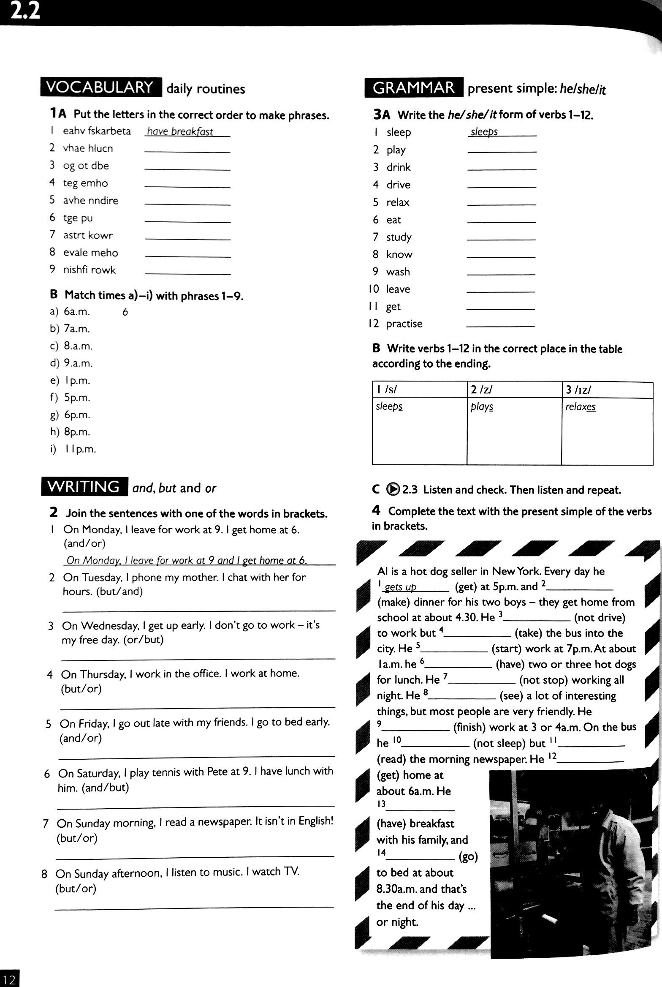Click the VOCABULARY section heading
click(x=100, y=87)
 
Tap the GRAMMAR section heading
click(x=414, y=88)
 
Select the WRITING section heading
click(x=84, y=487)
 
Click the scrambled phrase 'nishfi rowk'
click(x=89, y=270)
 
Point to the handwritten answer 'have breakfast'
click(x=180, y=132)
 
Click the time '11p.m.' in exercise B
click(x=80, y=449)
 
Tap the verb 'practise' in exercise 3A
click(x=404, y=324)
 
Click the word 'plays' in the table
click(x=482, y=406)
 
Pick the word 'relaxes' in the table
click(x=581, y=406)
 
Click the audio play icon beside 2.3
click(x=393, y=489)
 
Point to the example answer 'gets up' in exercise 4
click(x=401, y=587)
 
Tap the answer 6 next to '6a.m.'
click(x=125, y=312)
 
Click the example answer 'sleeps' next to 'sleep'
click(x=484, y=132)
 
